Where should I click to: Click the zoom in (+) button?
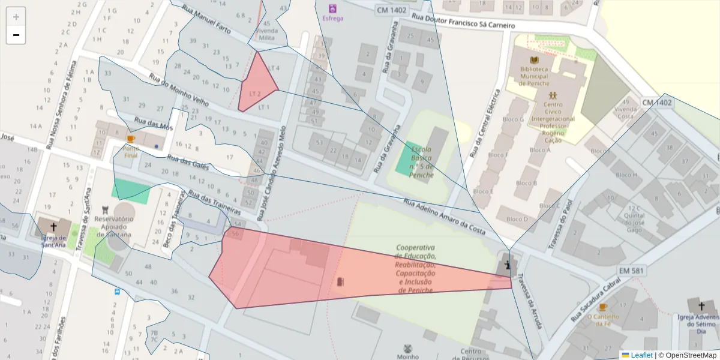(16, 17)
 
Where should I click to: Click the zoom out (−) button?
(16, 35)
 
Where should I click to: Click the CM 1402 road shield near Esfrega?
(391, 10)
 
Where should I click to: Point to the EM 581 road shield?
(632, 271)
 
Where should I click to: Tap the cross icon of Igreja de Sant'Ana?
(53, 227)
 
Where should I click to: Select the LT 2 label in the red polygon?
(255, 94)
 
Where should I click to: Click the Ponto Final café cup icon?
(131, 139)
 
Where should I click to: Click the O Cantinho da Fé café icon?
(603, 307)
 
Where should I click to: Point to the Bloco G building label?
(514, 119)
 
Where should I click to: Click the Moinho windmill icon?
(408, 348)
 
